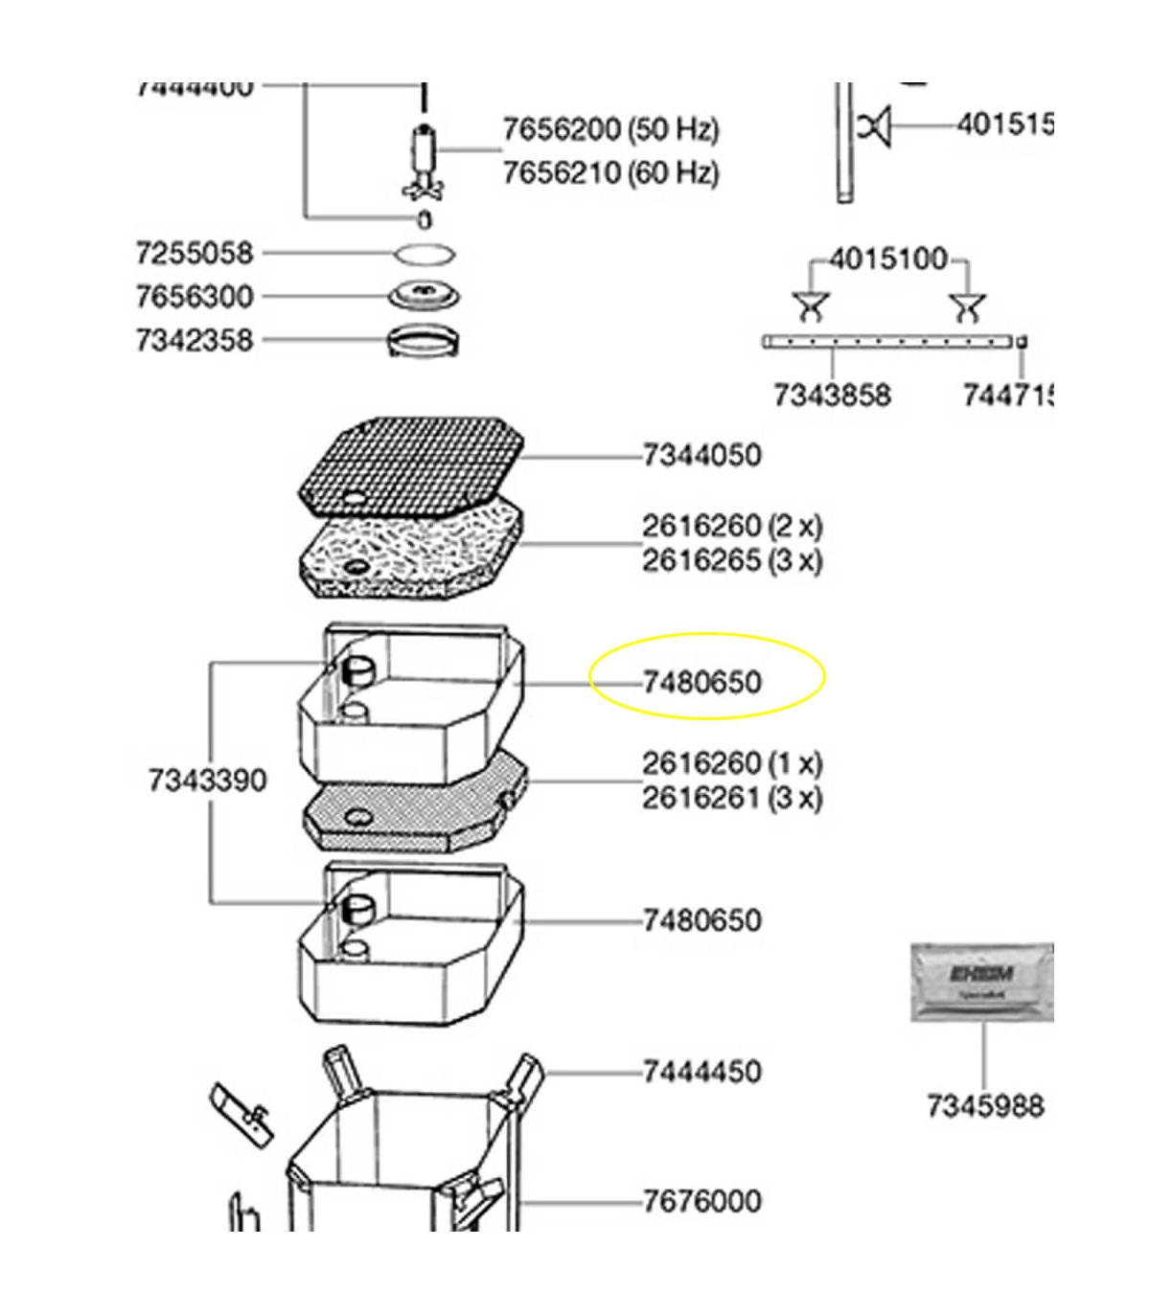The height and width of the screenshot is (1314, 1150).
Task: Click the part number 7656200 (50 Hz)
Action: pos(610,129)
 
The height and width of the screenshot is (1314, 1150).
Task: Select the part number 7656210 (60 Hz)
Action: pos(610,173)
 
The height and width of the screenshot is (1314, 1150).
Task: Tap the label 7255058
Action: pos(195,254)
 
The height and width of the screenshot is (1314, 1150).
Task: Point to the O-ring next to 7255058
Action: pos(425,255)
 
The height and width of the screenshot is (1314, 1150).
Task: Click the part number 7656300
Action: pos(195,297)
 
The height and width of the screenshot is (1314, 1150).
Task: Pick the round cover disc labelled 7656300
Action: pos(424,294)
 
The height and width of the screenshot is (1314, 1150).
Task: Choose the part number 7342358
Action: pos(195,340)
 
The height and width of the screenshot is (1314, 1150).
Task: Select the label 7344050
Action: pos(701,455)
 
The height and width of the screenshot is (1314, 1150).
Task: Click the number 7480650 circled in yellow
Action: pos(701,682)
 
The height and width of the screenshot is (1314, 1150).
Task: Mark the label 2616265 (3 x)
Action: pos(732,560)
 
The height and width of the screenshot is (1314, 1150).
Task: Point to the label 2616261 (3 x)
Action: pos(732,797)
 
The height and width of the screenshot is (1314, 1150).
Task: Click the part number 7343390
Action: pos(207,780)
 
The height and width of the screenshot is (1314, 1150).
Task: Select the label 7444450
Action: pos(701,1071)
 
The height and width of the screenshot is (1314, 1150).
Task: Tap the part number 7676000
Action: pos(701,1200)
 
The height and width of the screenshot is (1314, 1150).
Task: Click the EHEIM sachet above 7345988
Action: pos(981,982)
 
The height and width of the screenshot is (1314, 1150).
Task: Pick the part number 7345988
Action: pos(984,1106)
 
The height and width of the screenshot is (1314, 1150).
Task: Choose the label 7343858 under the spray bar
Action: pos(832,395)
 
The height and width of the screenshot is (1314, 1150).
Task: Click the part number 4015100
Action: pos(887,260)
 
